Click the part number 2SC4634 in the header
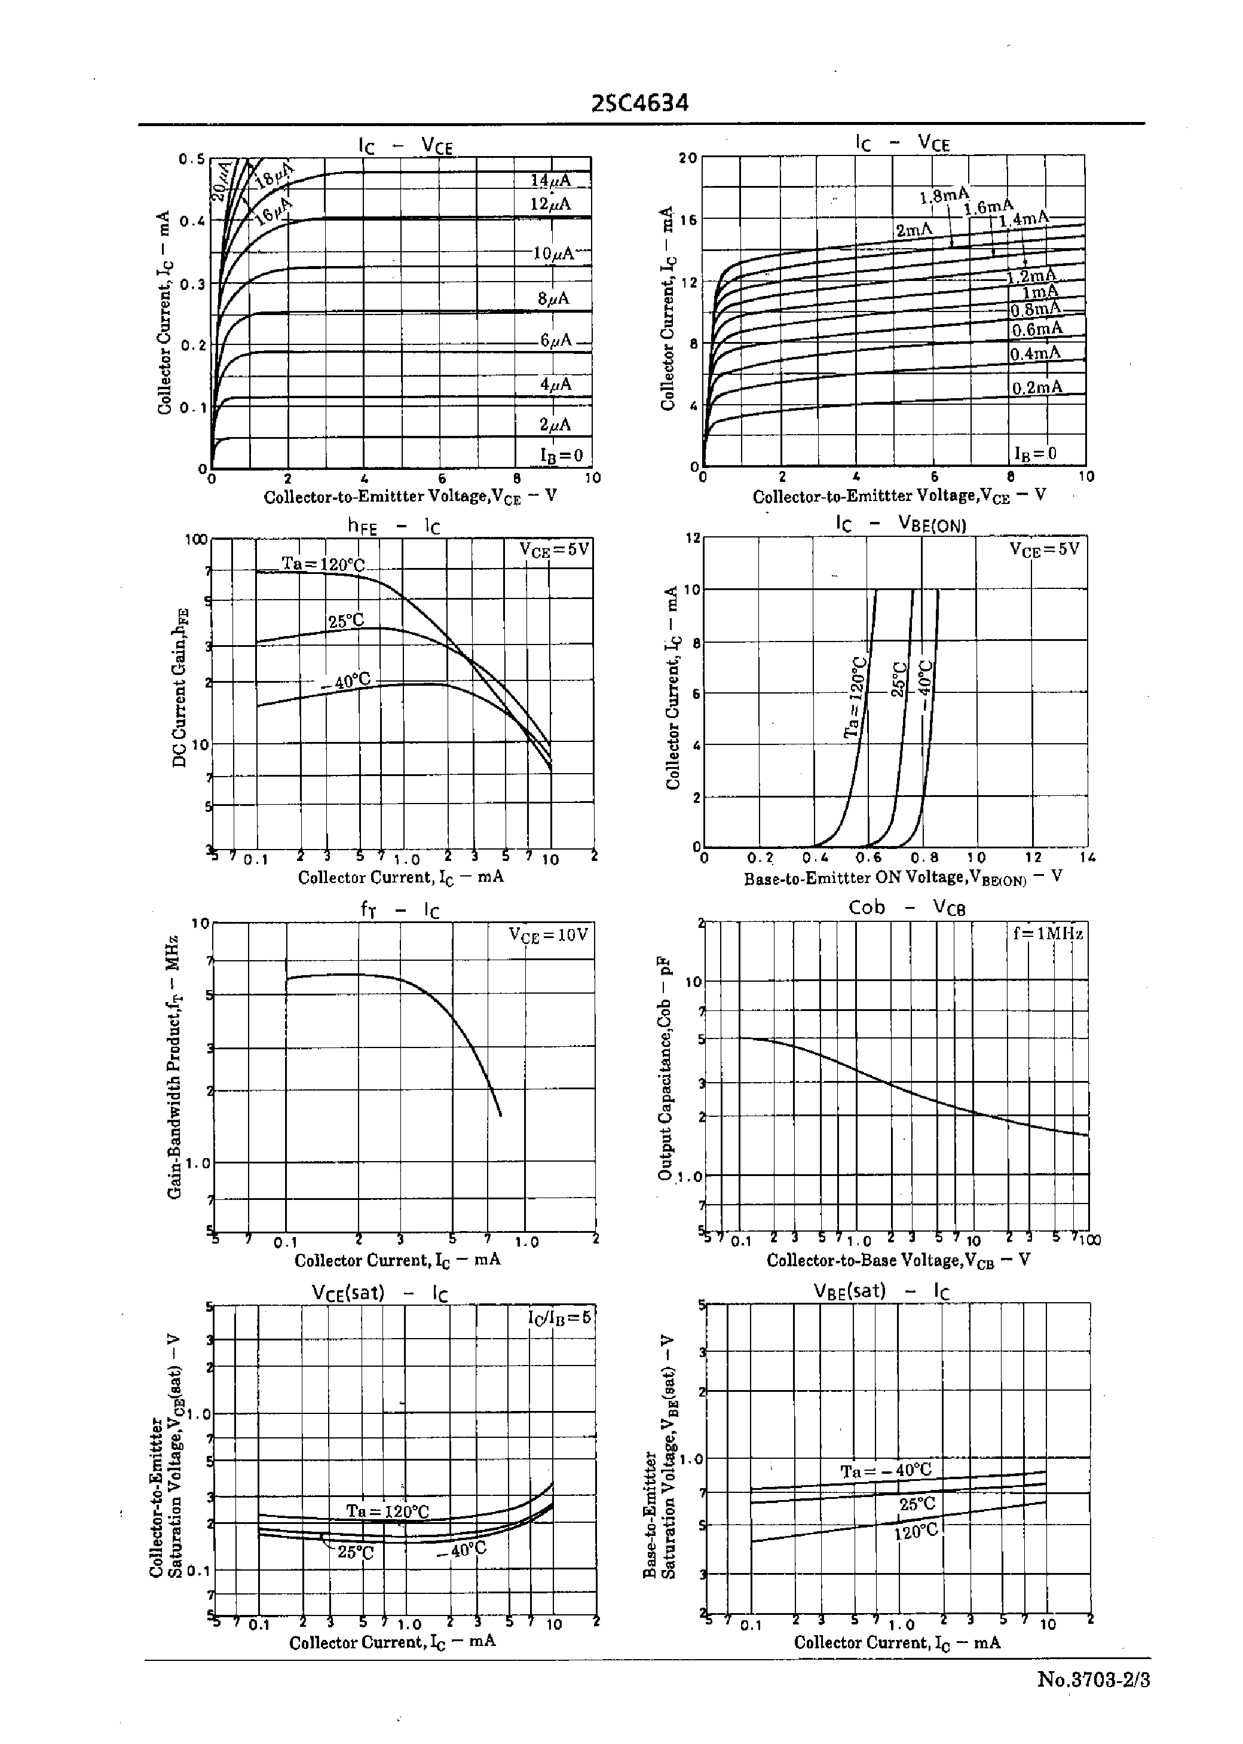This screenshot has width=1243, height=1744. click(640, 103)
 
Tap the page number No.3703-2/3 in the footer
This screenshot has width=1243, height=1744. click(1093, 1679)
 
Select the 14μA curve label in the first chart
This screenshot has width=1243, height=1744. click(550, 181)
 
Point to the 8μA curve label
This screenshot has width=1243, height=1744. click(553, 298)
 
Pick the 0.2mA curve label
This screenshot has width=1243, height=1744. click(1037, 387)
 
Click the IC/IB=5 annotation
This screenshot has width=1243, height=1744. click(559, 1318)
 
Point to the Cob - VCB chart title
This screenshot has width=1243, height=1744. click(907, 908)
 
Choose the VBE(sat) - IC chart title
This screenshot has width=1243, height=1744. click(881, 1291)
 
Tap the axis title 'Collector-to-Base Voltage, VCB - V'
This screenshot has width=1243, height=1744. click(899, 1260)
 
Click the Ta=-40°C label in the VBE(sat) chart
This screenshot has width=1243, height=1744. click(886, 1471)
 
